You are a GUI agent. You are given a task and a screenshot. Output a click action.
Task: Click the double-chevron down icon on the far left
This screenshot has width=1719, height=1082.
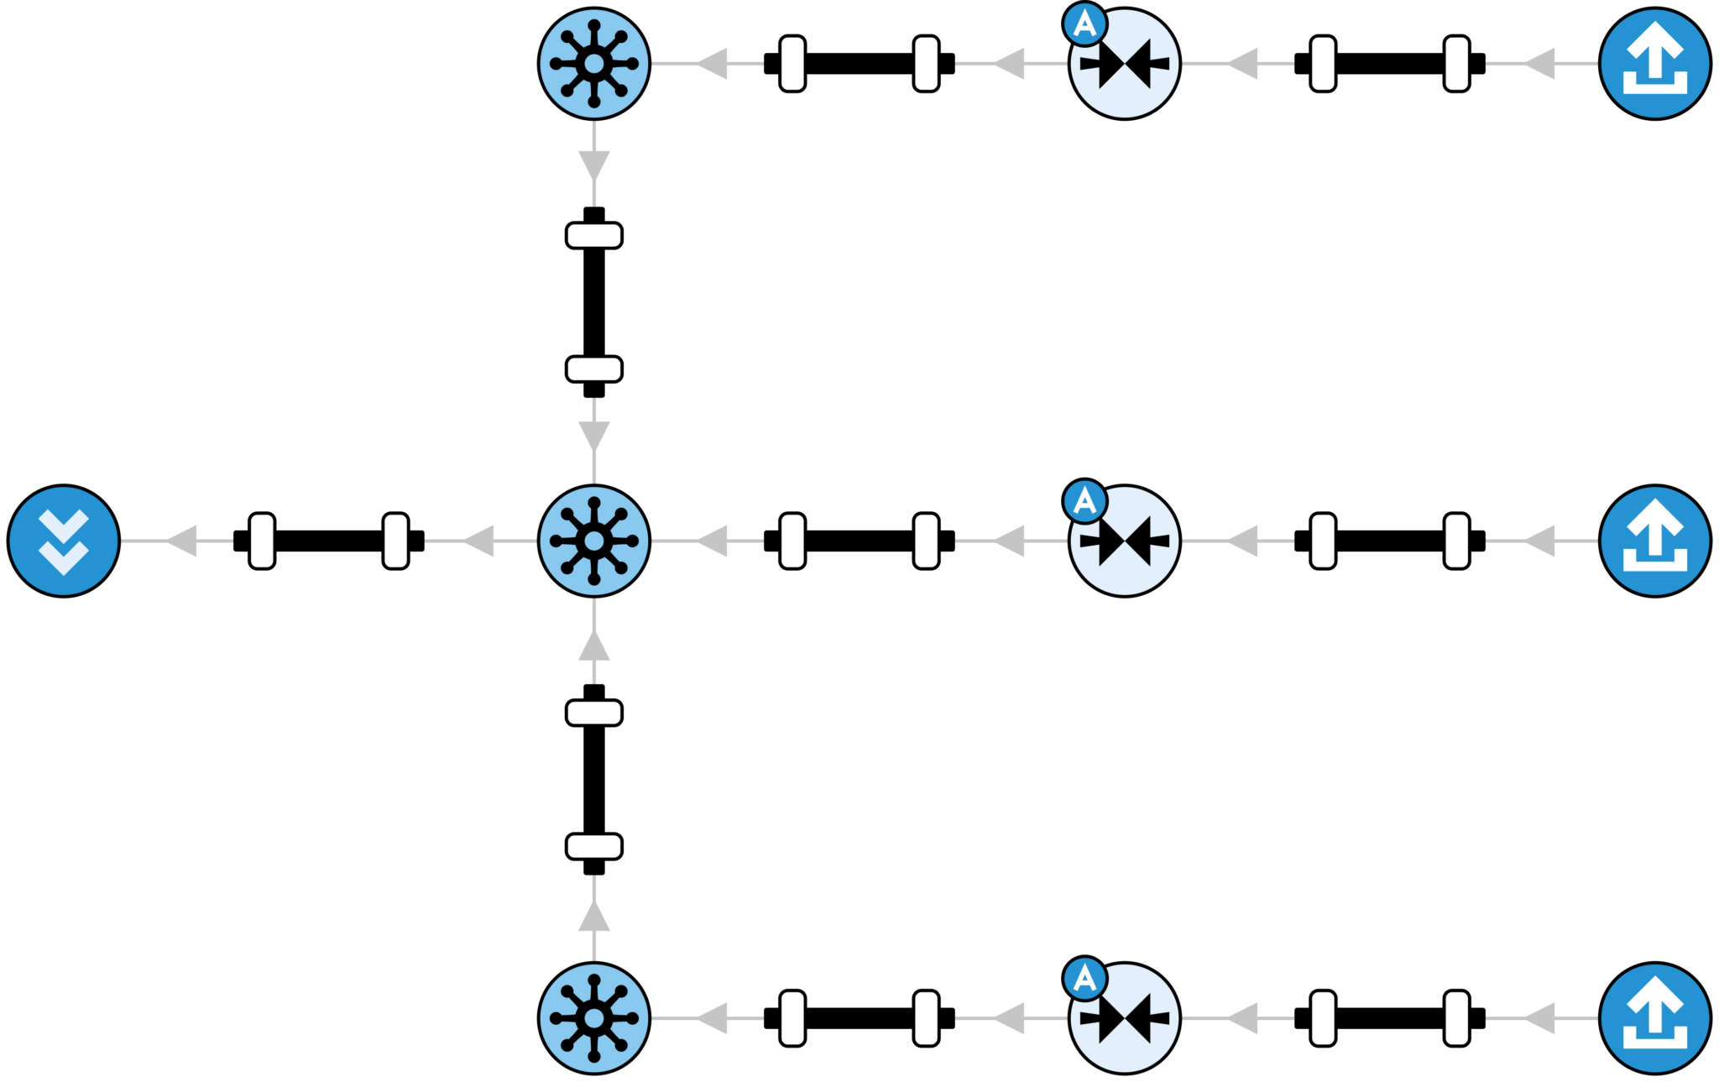64,541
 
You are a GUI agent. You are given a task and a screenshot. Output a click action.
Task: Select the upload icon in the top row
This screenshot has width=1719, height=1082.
1654,64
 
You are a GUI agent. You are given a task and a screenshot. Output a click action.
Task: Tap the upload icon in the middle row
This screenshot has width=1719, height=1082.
1654,541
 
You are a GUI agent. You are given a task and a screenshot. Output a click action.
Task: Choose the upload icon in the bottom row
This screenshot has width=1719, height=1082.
1654,1017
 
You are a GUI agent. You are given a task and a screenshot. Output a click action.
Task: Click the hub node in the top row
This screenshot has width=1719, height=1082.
594,64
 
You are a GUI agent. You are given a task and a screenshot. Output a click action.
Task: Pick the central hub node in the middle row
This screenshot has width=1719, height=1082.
594,541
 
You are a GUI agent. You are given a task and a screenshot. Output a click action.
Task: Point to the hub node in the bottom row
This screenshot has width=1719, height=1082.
594,1017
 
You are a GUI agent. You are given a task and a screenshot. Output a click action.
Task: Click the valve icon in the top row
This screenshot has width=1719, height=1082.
1125,64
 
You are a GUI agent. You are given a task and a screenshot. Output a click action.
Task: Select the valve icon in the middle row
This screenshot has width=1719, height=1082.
1125,541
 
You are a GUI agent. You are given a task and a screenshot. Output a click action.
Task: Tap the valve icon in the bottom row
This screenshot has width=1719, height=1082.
1125,1017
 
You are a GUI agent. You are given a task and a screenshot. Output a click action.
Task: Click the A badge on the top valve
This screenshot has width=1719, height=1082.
1084,24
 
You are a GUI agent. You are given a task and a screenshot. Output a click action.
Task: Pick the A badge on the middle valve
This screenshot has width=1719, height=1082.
1084,501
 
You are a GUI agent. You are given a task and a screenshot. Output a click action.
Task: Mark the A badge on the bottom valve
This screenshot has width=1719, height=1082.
1084,978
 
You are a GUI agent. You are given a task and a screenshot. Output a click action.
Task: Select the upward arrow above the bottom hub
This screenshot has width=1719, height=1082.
594,917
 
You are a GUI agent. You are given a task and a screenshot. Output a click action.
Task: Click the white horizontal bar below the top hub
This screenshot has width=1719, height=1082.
594,235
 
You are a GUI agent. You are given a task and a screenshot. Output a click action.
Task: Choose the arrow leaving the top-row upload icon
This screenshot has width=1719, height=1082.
1539,64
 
